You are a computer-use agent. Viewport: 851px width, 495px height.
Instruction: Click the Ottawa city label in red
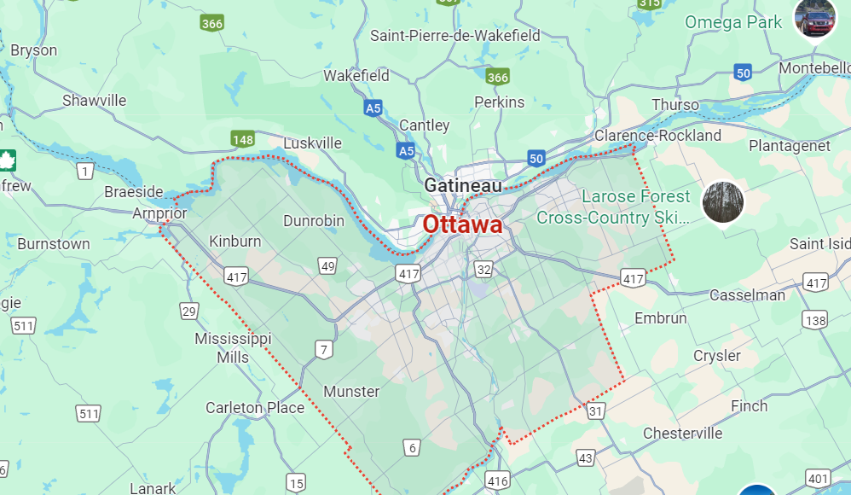[x=462, y=224]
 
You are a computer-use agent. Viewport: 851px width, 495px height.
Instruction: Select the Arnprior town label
[x=159, y=213]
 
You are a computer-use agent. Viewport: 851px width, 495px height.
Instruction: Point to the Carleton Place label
[x=255, y=408]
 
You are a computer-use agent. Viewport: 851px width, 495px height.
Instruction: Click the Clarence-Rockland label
[x=657, y=136]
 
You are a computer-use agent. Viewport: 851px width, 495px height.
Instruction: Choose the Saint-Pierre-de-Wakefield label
[x=454, y=36]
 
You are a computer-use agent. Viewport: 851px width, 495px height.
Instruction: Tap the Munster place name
[x=351, y=392]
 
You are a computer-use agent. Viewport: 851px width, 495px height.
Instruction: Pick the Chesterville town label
[x=682, y=434]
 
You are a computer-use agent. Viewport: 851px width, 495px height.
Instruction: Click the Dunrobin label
[x=314, y=221]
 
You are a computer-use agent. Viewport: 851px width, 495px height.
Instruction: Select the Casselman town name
[x=747, y=295]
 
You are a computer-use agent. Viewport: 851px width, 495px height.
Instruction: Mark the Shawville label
[x=94, y=101]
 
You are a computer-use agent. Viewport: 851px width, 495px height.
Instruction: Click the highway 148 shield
[x=242, y=138]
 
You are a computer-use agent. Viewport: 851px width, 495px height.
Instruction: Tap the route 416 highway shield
[x=498, y=480]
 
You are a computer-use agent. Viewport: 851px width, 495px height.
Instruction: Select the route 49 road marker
[x=327, y=267]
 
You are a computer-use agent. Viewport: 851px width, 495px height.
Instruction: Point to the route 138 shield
[x=815, y=320]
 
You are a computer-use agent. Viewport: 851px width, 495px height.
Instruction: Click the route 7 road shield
[x=323, y=349]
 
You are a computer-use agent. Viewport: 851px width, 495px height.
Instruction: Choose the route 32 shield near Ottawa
[x=483, y=271]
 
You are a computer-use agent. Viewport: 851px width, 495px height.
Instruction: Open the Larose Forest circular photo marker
[x=722, y=202]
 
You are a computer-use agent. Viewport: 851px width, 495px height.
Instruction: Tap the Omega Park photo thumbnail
[x=814, y=18]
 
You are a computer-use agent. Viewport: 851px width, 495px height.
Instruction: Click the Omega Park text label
[x=733, y=22]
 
